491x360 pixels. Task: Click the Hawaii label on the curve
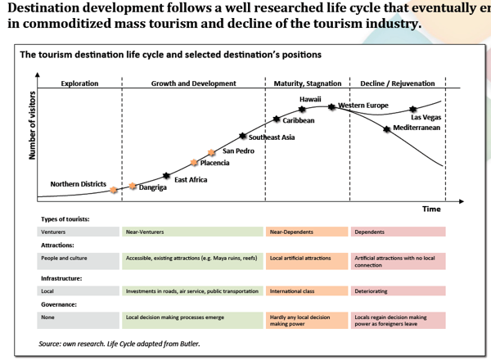click(310, 99)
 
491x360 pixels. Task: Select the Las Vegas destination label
click(426, 118)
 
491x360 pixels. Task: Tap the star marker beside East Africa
click(167, 177)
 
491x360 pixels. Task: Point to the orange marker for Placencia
click(194, 163)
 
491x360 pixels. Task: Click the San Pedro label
click(238, 151)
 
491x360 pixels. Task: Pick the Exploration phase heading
click(79, 83)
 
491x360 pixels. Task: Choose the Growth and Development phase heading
click(193, 83)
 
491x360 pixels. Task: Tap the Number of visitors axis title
click(34, 126)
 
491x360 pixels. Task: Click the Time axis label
click(431, 209)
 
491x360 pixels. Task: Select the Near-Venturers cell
click(144, 232)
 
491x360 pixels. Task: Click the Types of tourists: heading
click(65, 219)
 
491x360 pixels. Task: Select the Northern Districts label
click(79, 184)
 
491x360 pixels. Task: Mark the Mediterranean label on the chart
click(417, 128)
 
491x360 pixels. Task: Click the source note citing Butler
click(119, 344)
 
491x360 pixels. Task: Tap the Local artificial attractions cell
click(300, 258)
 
